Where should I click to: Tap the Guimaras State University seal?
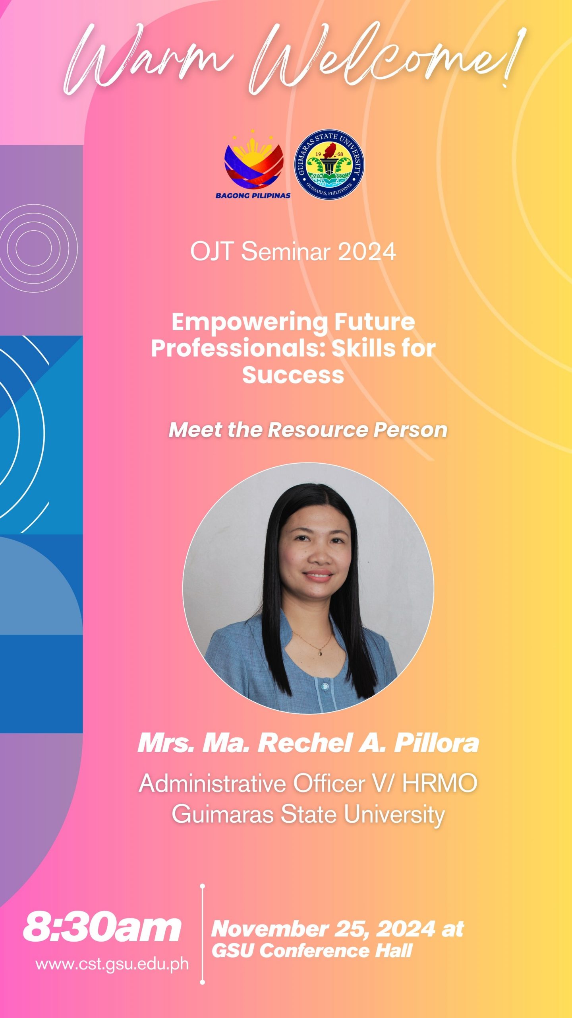[x=329, y=165]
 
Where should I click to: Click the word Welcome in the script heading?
[x=381, y=60]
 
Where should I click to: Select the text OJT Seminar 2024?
[x=293, y=252]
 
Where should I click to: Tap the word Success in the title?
[x=293, y=375]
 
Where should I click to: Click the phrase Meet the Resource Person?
[x=308, y=430]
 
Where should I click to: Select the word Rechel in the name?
[x=305, y=742]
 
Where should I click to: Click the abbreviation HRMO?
[x=439, y=784]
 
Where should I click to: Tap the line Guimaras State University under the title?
[x=308, y=814]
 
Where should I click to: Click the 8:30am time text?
[x=102, y=929]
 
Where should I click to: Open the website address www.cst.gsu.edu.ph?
[x=112, y=964]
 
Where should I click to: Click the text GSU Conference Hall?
[x=312, y=951]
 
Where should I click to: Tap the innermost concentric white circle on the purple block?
[x=34, y=248]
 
